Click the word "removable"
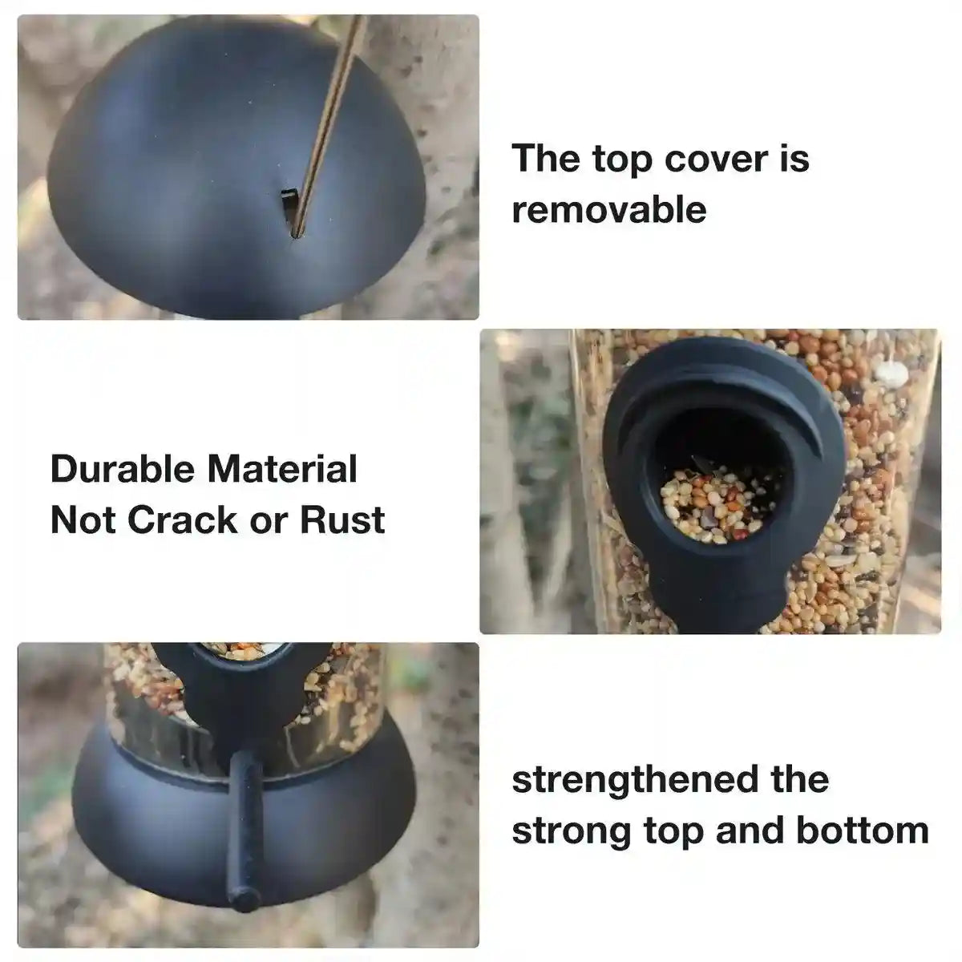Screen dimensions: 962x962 609,209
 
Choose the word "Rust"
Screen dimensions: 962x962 342,520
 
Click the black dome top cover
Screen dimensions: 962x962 184,160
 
